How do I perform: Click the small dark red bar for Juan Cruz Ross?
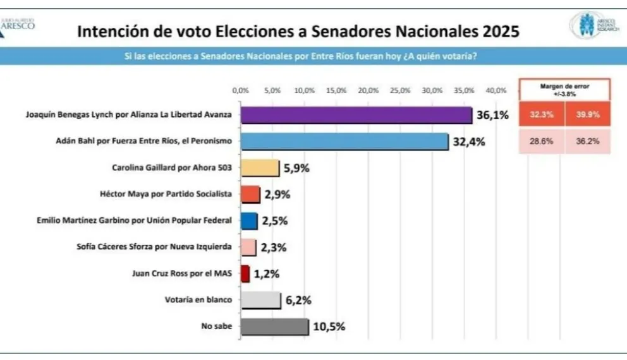[x=245, y=273]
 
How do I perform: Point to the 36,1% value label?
[x=492, y=115]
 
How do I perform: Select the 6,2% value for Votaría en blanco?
[x=298, y=300]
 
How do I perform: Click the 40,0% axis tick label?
[x=496, y=90]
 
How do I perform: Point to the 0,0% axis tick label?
[x=241, y=90]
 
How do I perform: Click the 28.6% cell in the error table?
[x=542, y=141]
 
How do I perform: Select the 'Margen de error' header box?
[x=564, y=89]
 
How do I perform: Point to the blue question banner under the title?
[x=313, y=56]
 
